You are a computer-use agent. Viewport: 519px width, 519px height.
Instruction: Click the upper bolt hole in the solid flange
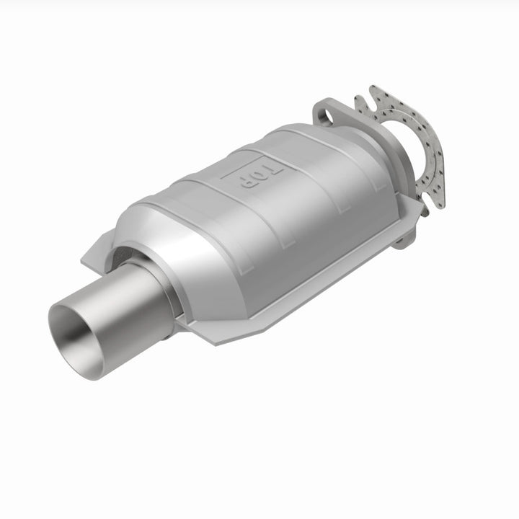[324, 114]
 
